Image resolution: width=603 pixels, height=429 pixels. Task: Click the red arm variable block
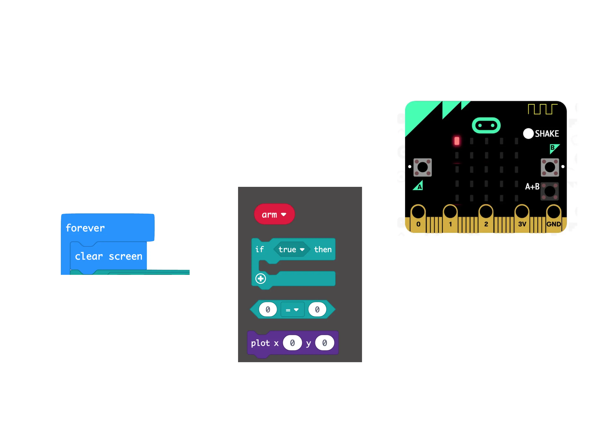(274, 214)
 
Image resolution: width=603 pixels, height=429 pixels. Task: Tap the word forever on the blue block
(85, 228)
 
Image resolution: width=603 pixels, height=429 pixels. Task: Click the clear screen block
(108, 256)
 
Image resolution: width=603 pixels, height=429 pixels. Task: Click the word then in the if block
(323, 249)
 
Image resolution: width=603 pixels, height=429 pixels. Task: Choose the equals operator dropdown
(292, 310)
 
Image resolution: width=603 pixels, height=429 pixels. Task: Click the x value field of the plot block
(292, 343)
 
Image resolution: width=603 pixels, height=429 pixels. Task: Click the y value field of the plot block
(325, 343)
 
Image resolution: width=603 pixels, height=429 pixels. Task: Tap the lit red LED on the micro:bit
(457, 141)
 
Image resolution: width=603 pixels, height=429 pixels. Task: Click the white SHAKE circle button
(528, 134)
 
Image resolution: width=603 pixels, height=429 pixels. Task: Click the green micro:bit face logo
(486, 125)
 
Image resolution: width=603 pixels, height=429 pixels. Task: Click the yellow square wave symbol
(542, 109)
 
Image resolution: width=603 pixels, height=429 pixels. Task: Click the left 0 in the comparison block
(268, 309)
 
